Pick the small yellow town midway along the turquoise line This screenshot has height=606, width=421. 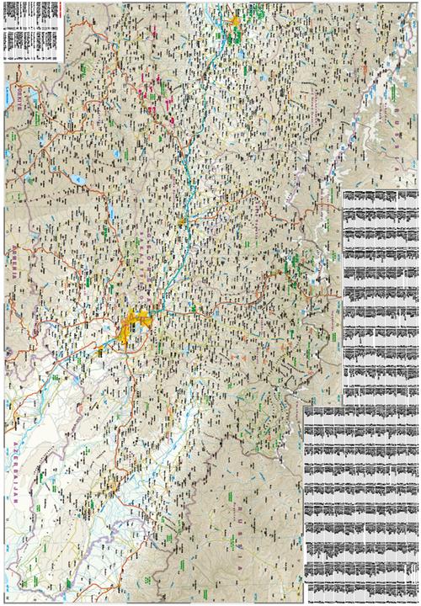point(182,221)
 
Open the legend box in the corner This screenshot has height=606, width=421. point(32,30)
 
